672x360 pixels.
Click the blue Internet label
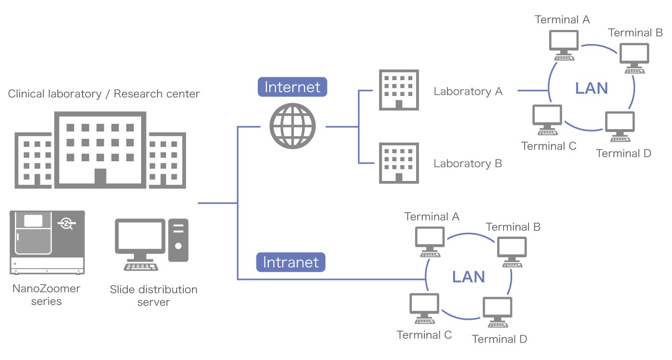[292, 87]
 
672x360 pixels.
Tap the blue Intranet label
[290, 262]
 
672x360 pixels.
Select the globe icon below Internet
[292, 126]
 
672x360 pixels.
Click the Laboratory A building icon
[398, 90]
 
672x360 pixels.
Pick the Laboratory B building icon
[398, 163]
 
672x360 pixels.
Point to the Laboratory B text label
[468, 163]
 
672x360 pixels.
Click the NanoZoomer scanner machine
[48, 242]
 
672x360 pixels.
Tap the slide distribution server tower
[178, 240]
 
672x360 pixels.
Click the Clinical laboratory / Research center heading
[104, 94]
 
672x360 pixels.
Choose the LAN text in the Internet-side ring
[591, 88]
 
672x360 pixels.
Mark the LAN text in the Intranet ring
[468, 276]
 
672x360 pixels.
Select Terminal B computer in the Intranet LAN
[512, 252]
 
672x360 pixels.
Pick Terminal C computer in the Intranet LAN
[424, 309]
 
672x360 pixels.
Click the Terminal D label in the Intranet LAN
[499, 339]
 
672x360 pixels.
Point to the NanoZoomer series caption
[46, 295]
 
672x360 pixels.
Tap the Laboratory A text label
[468, 91]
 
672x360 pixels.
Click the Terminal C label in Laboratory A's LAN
[549, 146]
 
